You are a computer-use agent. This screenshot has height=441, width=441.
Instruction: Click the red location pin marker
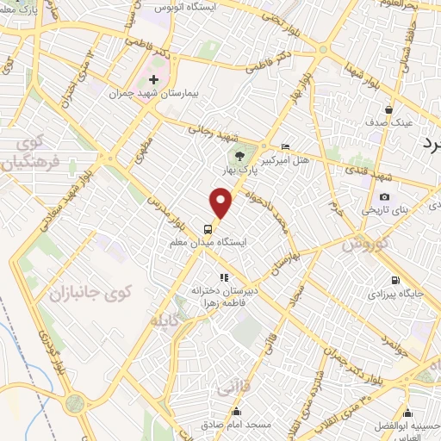click(221, 203)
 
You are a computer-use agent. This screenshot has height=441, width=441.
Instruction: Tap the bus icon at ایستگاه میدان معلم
click(208, 229)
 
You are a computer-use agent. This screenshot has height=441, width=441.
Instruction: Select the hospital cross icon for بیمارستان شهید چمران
click(154, 79)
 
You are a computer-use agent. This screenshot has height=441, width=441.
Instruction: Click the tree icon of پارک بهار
click(239, 156)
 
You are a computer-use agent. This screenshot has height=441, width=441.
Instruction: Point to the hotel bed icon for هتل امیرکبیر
click(286, 146)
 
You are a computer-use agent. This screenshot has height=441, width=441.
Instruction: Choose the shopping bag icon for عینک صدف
click(390, 109)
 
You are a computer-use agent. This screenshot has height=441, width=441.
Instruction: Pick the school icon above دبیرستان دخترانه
click(224, 277)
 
